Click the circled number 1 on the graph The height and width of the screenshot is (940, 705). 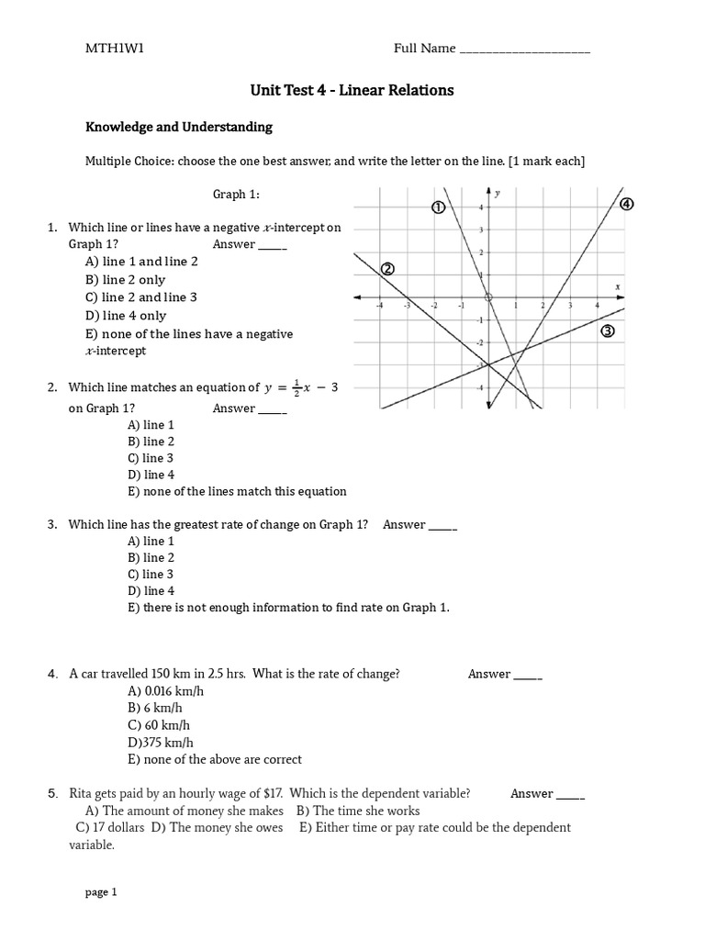pyautogui.click(x=439, y=207)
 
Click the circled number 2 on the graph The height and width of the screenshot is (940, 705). pyautogui.click(x=386, y=269)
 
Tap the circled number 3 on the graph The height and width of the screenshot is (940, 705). pyautogui.click(x=607, y=331)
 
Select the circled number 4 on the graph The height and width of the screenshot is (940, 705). pyautogui.click(x=627, y=204)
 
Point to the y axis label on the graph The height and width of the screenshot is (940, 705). pyautogui.click(x=498, y=194)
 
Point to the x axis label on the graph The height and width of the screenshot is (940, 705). pyautogui.click(x=618, y=286)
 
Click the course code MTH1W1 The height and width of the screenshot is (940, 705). pyautogui.click(x=115, y=49)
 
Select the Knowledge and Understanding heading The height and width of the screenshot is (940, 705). pyautogui.click(x=179, y=127)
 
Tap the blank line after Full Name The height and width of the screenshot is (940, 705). pyautogui.click(x=524, y=50)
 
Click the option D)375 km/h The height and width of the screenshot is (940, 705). pyautogui.click(x=161, y=743)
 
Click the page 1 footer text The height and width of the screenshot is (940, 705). pyautogui.click(x=101, y=891)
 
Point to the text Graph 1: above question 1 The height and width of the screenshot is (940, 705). pyautogui.click(x=229, y=194)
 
